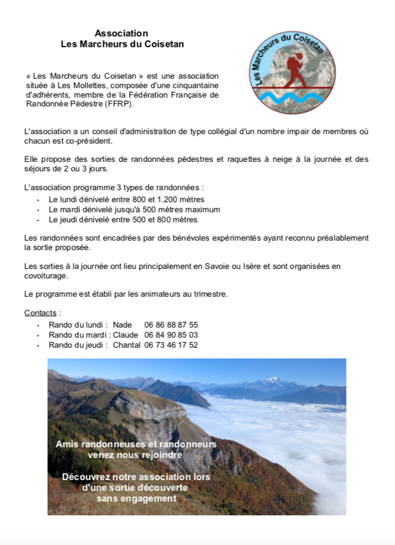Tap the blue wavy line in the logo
point(291,98)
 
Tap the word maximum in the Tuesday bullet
point(201,210)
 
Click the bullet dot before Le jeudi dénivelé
point(38,221)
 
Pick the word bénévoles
point(172,238)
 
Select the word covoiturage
point(46,276)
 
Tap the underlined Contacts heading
point(41,313)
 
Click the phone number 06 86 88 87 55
point(170,325)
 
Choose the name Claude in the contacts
point(125,335)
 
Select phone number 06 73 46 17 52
point(170,345)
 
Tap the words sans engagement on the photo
point(136,498)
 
